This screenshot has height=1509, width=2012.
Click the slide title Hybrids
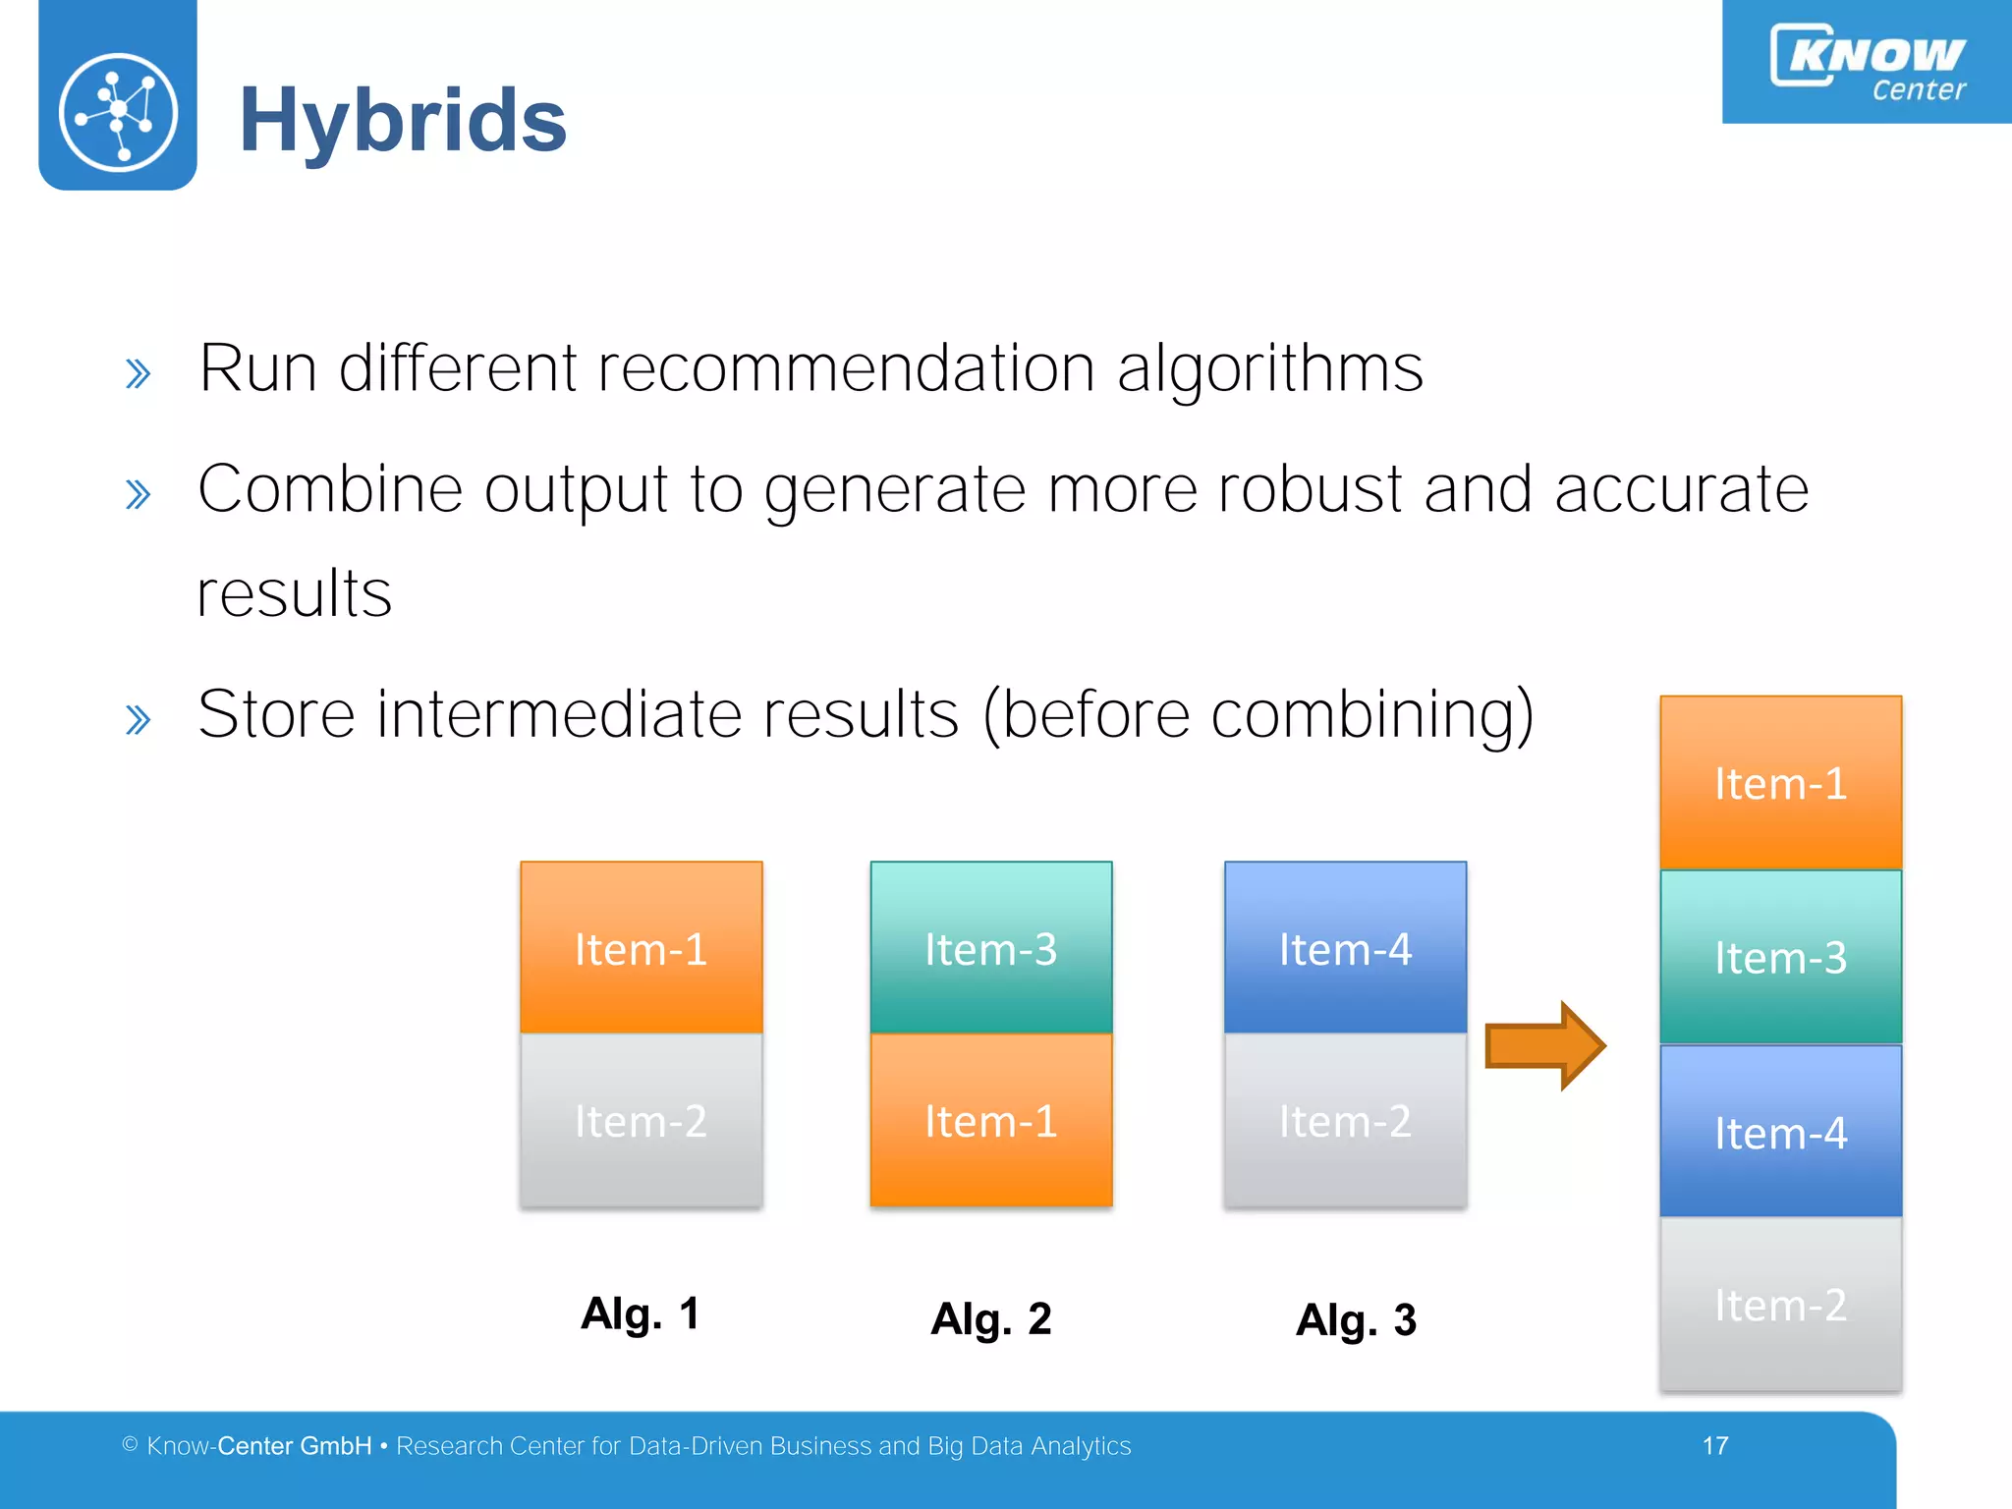click(403, 121)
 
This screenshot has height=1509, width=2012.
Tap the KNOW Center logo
click(1867, 61)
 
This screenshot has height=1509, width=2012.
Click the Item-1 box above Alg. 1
click(641, 947)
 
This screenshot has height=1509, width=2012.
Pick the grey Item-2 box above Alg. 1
click(641, 1120)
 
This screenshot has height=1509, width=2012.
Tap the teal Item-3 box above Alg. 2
click(990, 947)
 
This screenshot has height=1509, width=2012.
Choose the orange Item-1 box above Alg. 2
click(990, 1120)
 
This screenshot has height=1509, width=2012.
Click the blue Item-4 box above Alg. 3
click(1345, 947)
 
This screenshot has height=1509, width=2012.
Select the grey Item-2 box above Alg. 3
click(1345, 1120)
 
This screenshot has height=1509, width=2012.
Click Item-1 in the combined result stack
click(1780, 782)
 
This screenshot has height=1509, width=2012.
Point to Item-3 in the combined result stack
click(1780, 957)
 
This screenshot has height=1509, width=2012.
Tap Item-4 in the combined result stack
click(1780, 1132)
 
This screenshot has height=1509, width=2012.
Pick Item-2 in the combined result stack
click(1780, 1305)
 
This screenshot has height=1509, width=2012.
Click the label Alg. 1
click(640, 1313)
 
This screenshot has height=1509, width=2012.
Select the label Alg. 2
click(990, 1318)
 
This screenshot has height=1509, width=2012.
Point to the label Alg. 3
click(1356, 1319)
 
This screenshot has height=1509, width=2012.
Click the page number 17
click(1715, 1445)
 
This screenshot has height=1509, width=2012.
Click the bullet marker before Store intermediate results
click(139, 720)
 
